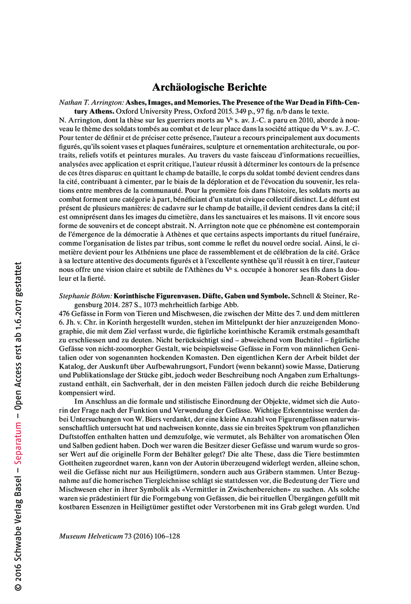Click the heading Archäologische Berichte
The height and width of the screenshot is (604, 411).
pos(209,87)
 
